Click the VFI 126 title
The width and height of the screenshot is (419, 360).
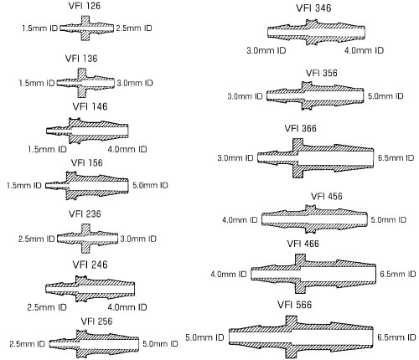[x=85, y=6]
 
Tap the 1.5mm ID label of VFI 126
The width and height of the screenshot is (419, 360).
[x=40, y=28]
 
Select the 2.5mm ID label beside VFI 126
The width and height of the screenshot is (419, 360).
[x=134, y=28]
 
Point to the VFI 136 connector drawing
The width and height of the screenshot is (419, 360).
[x=85, y=83]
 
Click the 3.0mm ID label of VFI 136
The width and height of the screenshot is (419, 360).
[x=135, y=83]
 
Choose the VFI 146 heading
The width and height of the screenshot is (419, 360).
[x=90, y=106]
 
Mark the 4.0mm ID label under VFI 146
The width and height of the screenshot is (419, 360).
[x=127, y=149]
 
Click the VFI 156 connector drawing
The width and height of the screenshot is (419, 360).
[x=87, y=185]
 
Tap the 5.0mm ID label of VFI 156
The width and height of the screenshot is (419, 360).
[x=150, y=185]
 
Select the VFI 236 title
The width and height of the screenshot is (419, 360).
[x=85, y=214]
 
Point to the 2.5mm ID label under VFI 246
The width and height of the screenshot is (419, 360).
[x=47, y=307]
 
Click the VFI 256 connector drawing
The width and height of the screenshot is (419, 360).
[x=94, y=344]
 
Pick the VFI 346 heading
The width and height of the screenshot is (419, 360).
[x=313, y=8]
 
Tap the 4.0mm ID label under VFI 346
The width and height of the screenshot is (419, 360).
[x=364, y=50]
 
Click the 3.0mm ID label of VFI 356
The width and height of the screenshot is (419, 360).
[x=245, y=96]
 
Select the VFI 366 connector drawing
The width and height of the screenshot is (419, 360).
[x=315, y=158]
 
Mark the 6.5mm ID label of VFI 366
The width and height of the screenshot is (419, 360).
[x=396, y=158]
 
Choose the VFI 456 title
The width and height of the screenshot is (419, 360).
[x=327, y=197]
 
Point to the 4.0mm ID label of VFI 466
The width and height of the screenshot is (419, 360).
[x=229, y=275]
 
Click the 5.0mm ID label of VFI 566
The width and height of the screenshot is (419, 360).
[x=204, y=337]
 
